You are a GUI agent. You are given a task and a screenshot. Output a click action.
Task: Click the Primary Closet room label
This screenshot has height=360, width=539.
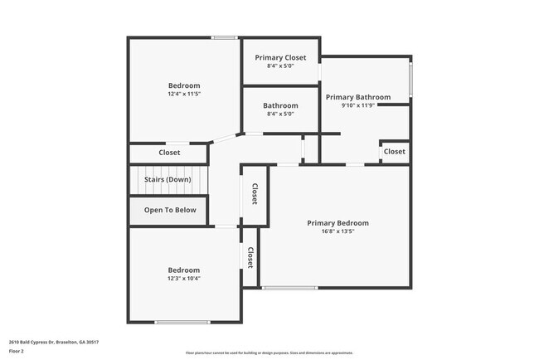pyautogui.click(x=280, y=57)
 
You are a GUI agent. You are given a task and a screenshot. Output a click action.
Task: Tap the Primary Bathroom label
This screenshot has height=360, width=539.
pyautogui.click(x=357, y=97)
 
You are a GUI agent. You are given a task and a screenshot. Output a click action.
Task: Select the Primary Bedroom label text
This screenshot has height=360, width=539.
pyautogui.click(x=337, y=223)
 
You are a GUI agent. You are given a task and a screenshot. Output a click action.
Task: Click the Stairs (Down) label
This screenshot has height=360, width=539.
pyautogui.click(x=168, y=179)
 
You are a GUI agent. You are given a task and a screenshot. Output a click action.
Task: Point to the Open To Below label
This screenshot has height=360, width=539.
pyautogui.click(x=170, y=210)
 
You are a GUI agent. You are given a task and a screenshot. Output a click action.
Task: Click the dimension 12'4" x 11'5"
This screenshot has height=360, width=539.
pyautogui.click(x=184, y=94)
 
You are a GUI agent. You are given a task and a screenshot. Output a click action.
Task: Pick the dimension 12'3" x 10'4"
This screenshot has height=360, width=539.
pyautogui.click(x=184, y=278)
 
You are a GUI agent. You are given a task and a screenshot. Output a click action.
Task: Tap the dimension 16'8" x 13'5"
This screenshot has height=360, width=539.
pyautogui.click(x=337, y=231)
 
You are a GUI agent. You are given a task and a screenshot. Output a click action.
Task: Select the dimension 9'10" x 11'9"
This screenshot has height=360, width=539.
pyautogui.click(x=358, y=105)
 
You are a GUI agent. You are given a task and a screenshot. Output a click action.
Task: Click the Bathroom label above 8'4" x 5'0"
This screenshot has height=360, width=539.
pyautogui.click(x=280, y=105)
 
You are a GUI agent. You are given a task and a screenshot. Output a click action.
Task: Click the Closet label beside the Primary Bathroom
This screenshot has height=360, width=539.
pyautogui.click(x=395, y=152)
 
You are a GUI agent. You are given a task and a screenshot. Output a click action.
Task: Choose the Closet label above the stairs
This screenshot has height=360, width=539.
pyautogui.click(x=169, y=153)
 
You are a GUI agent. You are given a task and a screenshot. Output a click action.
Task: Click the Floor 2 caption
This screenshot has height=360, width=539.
pyautogui.click(x=17, y=350)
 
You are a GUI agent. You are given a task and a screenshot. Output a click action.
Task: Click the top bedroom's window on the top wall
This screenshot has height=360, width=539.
pyautogui.click(x=225, y=37)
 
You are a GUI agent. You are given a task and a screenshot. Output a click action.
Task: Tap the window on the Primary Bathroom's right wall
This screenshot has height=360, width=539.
pyautogui.click(x=411, y=78)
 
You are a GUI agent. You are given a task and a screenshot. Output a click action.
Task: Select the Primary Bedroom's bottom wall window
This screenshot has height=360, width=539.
pyautogui.click(x=289, y=288)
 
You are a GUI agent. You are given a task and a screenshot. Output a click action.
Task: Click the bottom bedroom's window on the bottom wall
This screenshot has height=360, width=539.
pyautogui.click(x=182, y=323)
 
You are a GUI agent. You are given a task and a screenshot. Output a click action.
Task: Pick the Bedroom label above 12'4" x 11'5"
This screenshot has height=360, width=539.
pyautogui.click(x=184, y=85)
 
